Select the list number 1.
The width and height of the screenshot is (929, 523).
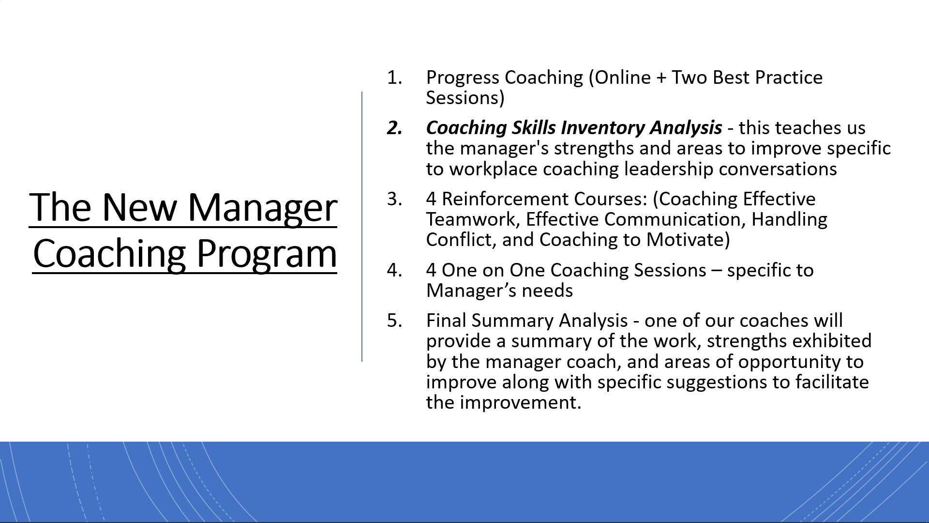click(394, 78)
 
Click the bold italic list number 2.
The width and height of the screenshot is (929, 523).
click(394, 128)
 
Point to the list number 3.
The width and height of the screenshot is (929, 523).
click(394, 199)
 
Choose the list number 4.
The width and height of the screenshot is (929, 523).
click(394, 270)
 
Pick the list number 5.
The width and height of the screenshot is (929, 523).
click(394, 321)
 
